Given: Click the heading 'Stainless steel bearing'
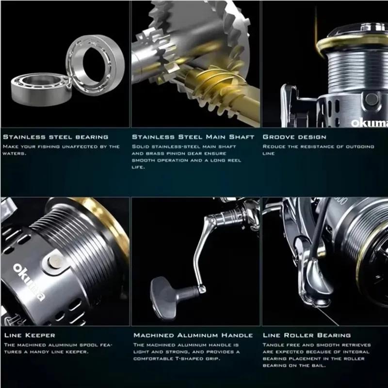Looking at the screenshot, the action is click(56, 137).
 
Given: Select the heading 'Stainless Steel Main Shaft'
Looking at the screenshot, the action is click(193, 137).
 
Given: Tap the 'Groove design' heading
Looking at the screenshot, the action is click(294, 137).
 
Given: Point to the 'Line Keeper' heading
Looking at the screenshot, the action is click(30, 335).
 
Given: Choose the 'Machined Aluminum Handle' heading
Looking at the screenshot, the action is click(193, 335).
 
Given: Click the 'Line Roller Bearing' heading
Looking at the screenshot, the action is click(307, 335).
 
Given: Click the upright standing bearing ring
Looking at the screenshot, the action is click(95, 65).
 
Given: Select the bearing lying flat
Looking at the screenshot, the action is click(41, 89).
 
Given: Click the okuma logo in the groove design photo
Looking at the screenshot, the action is click(369, 123).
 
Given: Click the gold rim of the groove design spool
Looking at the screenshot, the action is click(346, 41).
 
